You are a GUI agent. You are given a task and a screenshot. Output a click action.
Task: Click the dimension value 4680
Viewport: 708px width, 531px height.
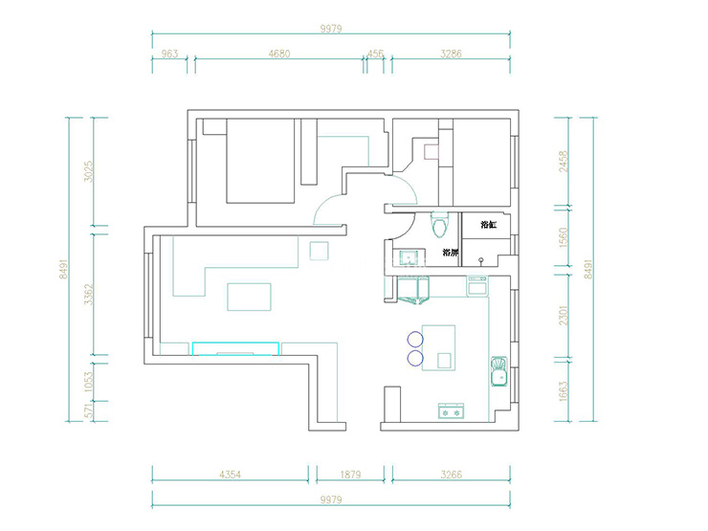pos(278,55)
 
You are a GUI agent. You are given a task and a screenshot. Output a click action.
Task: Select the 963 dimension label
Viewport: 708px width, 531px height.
pos(171,55)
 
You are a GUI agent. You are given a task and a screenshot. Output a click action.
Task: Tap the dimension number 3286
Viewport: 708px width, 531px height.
pos(450,55)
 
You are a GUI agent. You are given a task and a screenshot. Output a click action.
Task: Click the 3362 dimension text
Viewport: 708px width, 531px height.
pos(88,296)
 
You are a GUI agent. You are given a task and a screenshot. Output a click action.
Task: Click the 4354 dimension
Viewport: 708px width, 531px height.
pos(230,474)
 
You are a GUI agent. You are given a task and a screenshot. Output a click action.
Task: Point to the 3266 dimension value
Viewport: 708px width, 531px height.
pos(450,474)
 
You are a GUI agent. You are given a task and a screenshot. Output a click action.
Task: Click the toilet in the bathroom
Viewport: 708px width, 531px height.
pos(439,225)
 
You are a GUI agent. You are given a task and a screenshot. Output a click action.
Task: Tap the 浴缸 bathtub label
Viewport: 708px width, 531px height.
pos(488,225)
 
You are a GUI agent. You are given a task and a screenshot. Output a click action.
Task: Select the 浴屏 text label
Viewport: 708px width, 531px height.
pos(450,254)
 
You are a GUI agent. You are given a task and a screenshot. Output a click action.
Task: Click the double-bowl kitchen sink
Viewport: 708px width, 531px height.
pos(498,371)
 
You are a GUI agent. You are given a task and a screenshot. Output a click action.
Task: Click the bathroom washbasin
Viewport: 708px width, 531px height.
pos(409,256)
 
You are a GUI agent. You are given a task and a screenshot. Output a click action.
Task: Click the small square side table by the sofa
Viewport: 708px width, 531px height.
pos(319,251)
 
